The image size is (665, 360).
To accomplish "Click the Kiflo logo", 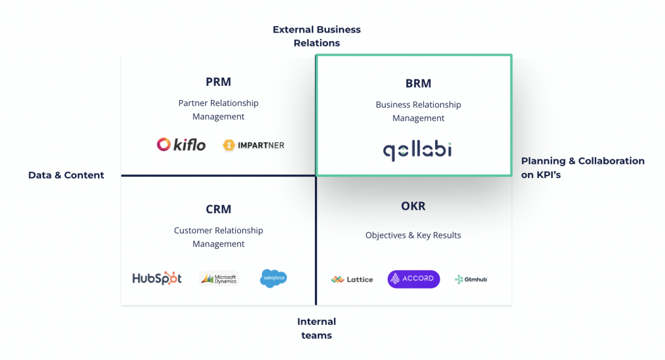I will point(181,144).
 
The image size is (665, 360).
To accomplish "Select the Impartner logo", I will point(253,145).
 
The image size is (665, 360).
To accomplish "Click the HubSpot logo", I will point(157,278).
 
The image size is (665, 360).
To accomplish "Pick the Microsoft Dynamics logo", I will point(219,279).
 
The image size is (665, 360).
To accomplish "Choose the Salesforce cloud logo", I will point(273,278).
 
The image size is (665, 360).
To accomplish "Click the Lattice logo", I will point(352,279).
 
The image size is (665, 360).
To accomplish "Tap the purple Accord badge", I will point(414,279).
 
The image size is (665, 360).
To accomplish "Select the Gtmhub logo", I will point(471,279).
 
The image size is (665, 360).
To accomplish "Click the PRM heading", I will point(218,82).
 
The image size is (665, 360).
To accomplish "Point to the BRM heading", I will point(418,83).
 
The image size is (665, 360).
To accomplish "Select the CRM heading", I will point(218,209).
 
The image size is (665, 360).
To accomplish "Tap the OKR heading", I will point(413,206).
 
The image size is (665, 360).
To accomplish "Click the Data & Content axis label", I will point(66,175).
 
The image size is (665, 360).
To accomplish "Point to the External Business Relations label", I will point(316,36).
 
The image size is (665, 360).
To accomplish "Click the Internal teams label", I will point(316,328).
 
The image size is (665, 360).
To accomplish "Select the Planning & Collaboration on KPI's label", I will point(583,168).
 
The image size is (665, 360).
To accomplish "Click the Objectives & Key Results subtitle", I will point(413,235).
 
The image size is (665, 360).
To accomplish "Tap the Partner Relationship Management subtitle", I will point(218,110).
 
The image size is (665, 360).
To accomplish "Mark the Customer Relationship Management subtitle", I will point(218,237).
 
